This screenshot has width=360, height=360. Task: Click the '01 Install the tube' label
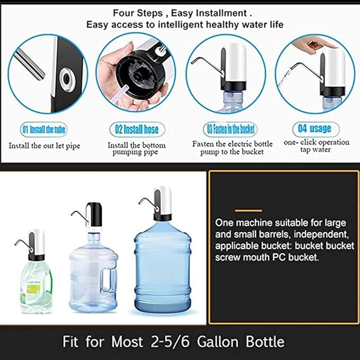click(x=43, y=129)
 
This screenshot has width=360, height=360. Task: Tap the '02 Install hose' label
click(x=137, y=129)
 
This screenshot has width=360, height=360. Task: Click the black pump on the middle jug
click(x=93, y=215)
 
